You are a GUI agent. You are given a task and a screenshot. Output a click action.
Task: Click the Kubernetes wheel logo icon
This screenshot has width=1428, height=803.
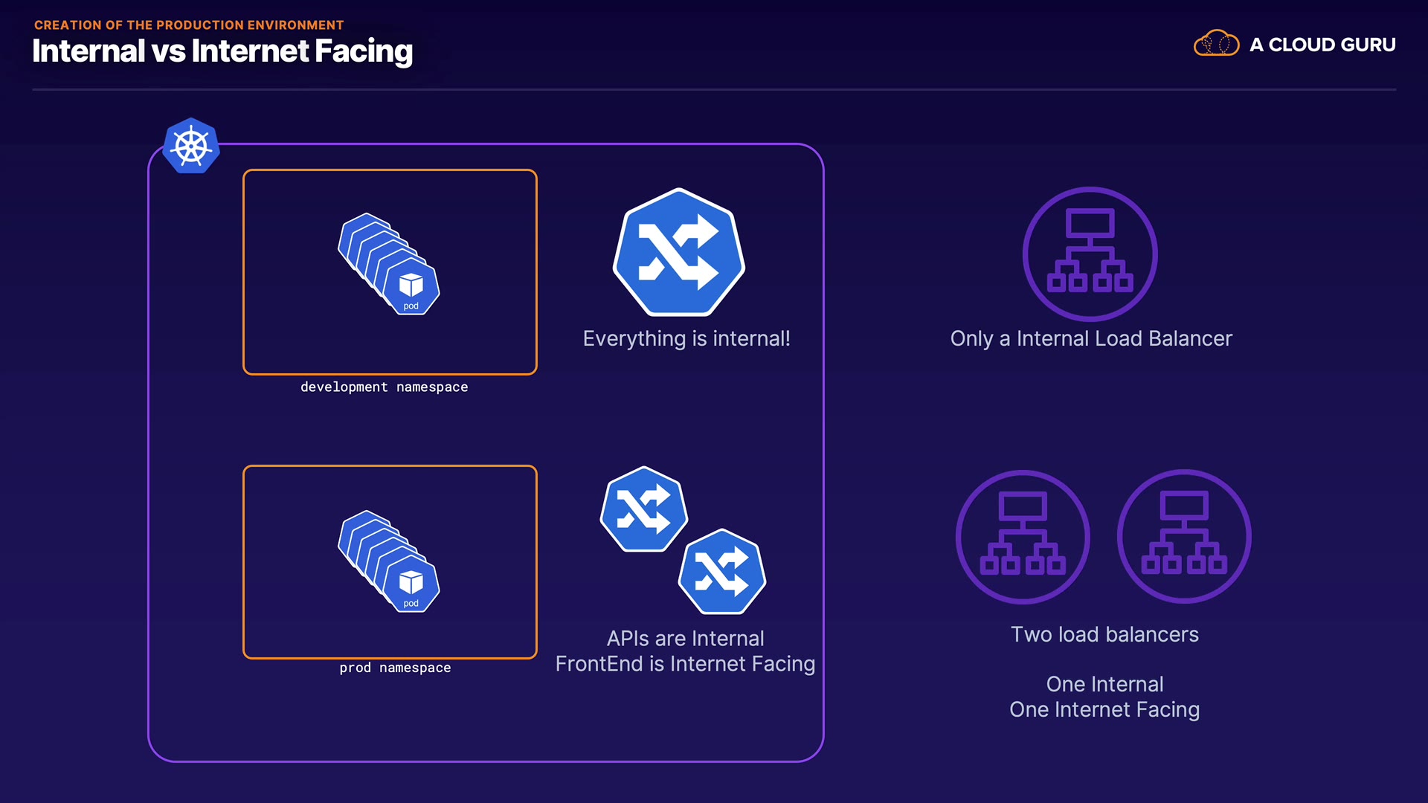click(x=191, y=146)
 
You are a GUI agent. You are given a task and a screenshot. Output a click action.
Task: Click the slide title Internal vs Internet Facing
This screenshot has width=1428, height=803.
click(x=222, y=51)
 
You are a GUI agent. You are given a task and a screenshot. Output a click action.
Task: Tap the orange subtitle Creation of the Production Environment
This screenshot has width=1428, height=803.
click(x=189, y=25)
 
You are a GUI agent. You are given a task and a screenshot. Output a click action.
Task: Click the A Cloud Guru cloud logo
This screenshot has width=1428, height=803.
click(x=1216, y=44)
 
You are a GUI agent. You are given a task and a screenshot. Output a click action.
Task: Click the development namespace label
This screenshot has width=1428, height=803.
click(x=384, y=387)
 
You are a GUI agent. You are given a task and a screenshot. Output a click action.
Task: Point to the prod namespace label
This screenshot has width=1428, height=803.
click(x=395, y=668)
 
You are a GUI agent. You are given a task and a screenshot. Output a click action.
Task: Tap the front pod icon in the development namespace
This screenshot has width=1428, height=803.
click(x=411, y=287)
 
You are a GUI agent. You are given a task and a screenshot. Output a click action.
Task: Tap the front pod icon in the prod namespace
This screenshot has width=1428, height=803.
click(x=411, y=584)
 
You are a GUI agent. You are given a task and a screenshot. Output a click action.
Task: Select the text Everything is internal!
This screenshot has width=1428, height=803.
click(x=686, y=339)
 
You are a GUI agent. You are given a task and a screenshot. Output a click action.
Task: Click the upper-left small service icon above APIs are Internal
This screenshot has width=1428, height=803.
click(x=643, y=509)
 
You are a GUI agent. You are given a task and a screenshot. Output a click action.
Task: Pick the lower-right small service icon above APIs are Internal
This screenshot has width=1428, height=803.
click(x=721, y=572)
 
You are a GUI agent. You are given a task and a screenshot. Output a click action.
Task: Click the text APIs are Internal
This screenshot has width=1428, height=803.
click(x=685, y=639)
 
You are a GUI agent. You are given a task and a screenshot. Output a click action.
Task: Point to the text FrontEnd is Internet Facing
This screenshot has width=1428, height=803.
click(x=685, y=664)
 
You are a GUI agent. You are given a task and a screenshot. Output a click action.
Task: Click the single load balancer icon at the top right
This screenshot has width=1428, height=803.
click(x=1090, y=254)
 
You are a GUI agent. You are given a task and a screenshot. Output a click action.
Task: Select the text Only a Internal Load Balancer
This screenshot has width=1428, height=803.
click(x=1091, y=339)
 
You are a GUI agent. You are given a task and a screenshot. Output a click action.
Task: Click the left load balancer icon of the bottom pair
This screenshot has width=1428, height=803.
click(x=1023, y=536)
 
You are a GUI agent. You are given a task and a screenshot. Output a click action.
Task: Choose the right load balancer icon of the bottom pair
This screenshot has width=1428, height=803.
click(x=1184, y=536)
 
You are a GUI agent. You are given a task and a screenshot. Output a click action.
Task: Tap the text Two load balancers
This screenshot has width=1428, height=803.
click(x=1104, y=635)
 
